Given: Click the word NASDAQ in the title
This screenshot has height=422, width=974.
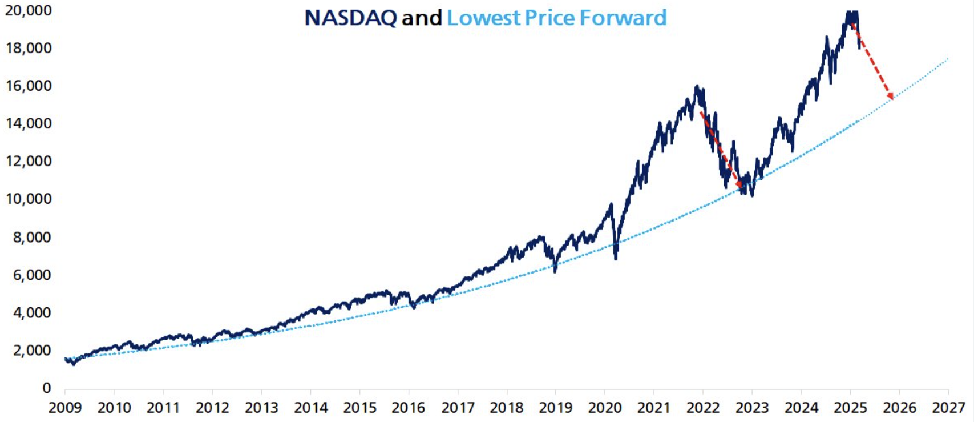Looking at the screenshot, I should pos(350,18).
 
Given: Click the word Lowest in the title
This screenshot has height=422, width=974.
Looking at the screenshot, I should pos(483,18).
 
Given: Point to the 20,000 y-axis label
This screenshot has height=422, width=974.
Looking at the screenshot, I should pos(28,10).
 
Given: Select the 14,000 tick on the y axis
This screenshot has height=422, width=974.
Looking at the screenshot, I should pos(28,123).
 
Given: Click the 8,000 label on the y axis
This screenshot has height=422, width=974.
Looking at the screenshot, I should pos(31,237).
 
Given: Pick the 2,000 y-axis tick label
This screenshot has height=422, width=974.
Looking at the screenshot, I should pos(31,351).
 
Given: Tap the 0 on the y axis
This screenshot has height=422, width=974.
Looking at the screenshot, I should pos(47,388).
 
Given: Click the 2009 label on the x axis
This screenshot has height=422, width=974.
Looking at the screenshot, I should pos(64,408).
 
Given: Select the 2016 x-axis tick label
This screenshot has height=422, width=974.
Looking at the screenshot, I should pos(409,408).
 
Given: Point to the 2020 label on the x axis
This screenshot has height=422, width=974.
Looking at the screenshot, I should pos(605,408).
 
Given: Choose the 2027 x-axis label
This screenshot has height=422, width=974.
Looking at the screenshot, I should pos(948,408).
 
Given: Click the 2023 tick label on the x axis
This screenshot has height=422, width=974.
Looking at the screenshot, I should pos(752,408).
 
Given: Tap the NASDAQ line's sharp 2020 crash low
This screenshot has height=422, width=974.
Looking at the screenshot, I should pos(616,259).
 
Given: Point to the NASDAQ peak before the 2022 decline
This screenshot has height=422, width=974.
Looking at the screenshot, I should pos(697,87).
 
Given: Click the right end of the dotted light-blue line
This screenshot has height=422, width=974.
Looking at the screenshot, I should pos(948,58).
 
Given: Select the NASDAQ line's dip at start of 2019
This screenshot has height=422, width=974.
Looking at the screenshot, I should pos(555,271).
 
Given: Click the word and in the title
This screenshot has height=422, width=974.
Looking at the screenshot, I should pos(422,18).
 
